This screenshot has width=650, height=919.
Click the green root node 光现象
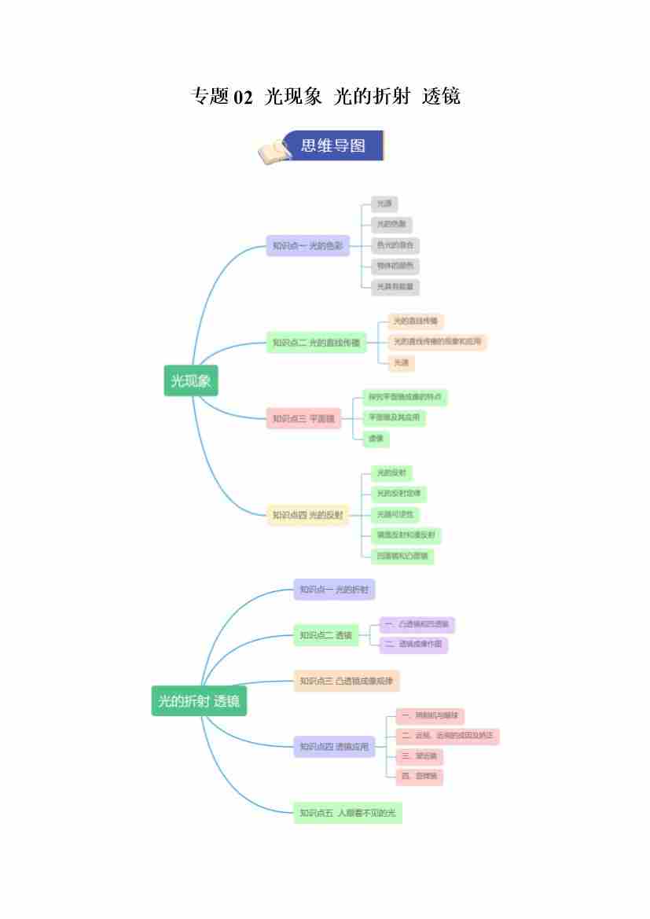click(x=191, y=381)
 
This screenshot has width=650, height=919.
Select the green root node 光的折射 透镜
click(x=199, y=701)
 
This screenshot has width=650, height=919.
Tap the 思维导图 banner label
click(x=333, y=145)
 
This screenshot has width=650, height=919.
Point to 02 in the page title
click(x=244, y=97)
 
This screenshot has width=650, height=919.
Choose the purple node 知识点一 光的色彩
click(x=307, y=246)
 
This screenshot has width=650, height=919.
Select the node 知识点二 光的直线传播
click(x=316, y=343)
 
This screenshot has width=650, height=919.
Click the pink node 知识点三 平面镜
click(x=303, y=419)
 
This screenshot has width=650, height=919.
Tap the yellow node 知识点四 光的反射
click(x=307, y=516)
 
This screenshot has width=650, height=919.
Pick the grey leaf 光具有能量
click(x=395, y=287)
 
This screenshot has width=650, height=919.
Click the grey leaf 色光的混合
click(x=395, y=245)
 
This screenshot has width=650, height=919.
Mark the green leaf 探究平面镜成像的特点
click(x=404, y=397)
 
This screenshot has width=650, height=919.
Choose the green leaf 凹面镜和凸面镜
click(x=402, y=556)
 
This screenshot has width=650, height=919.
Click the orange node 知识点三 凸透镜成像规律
click(x=347, y=681)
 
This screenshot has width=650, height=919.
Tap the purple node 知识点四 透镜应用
click(x=334, y=747)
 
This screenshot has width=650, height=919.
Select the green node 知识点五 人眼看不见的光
click(x=347, y=813)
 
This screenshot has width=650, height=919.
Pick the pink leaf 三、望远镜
click(x=419, y=756)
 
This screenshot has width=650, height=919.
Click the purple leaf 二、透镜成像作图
click(x=413, y=645)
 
